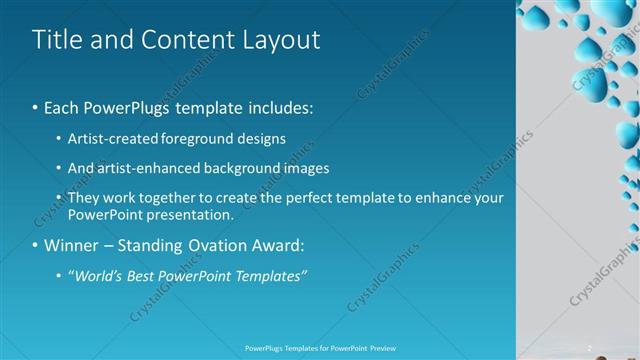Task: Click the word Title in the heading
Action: (56, 40)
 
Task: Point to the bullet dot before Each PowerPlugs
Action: (36, 106)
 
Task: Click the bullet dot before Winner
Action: (36, 245)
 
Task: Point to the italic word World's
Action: (96, 275)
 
